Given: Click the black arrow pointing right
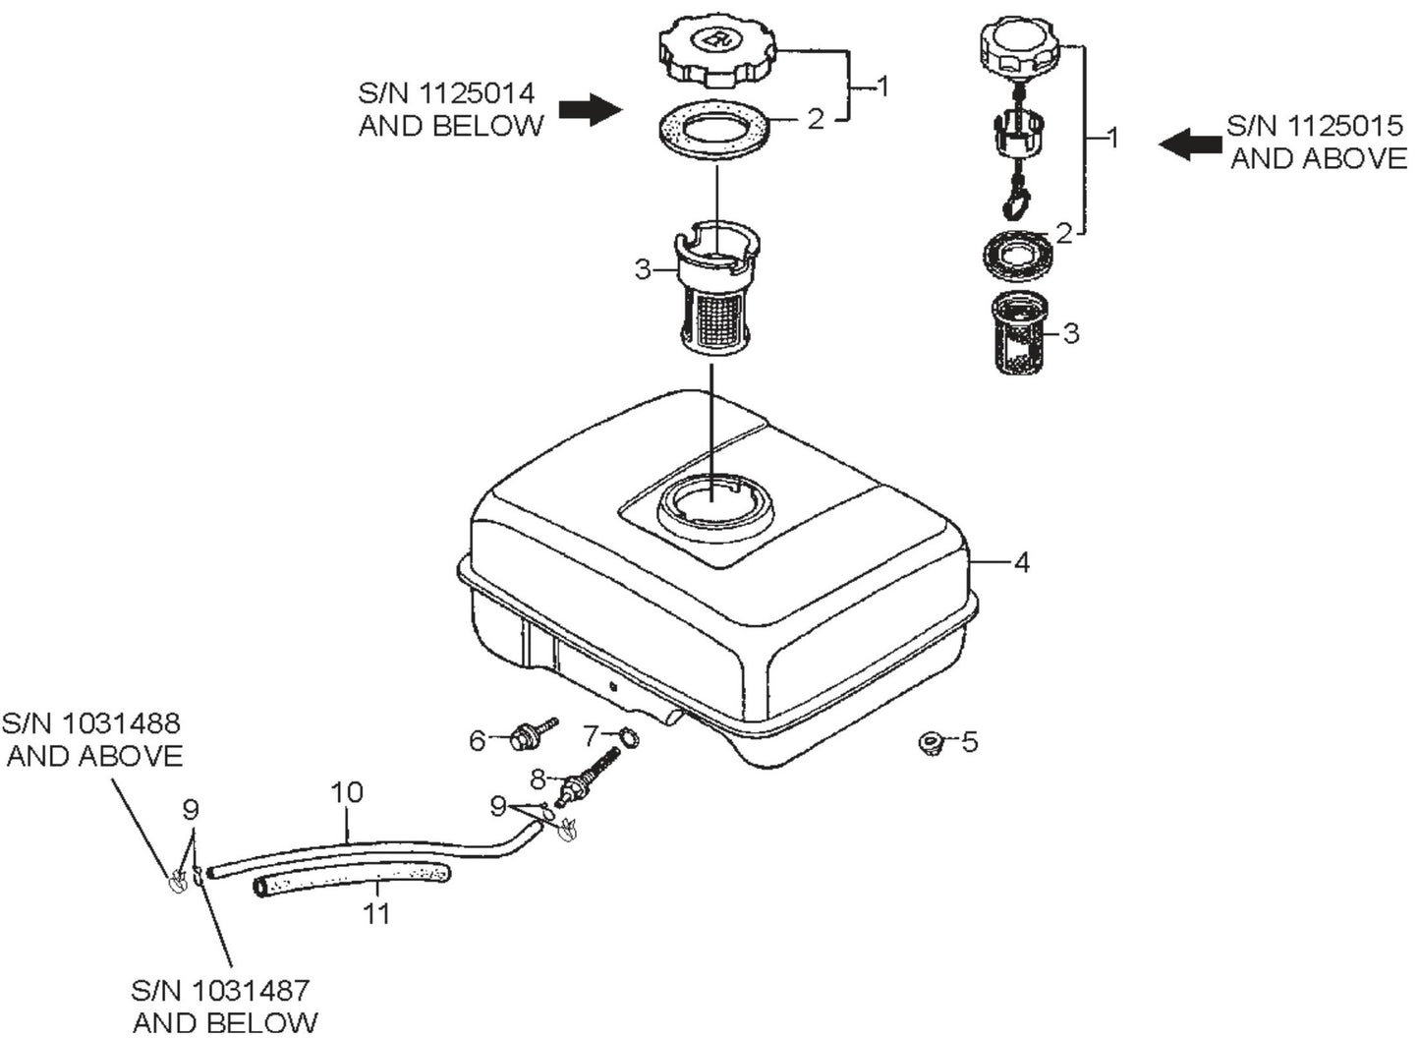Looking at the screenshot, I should coord(590,110).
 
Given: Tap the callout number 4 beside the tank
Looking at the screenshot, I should coord(1022,563).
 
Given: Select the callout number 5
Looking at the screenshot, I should coord(970,741).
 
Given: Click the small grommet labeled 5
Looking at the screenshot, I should coord(927,743).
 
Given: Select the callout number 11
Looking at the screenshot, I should coord(376,914).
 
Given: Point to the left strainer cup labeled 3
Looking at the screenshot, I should coord(716,293).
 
